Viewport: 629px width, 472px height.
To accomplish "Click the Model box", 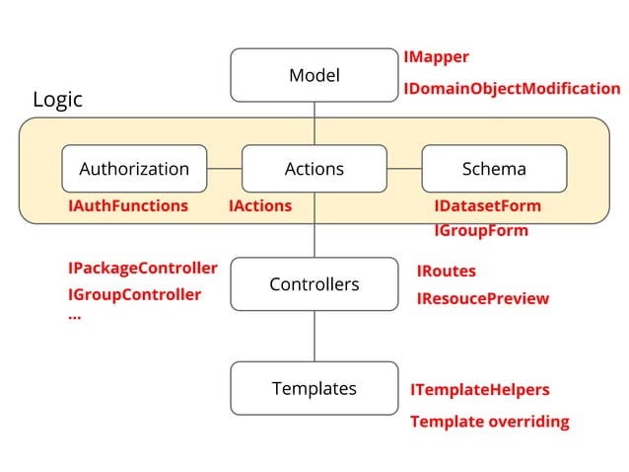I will click(x=314, y=76).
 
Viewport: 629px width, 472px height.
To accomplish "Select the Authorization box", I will click(x=134, y=169).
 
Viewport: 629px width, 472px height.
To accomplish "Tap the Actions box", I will click(x=314, y=169).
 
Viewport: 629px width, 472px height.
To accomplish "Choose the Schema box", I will click(x=494, y=169).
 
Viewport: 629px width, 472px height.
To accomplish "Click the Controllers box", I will click(x=314, y=284).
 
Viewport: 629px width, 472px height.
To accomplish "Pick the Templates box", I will click(x=314, y=388).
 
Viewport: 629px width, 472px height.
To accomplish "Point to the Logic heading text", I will click(x=57, y=100).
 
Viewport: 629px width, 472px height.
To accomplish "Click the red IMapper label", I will click(x=436, y=57).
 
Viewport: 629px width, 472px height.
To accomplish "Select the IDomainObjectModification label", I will click(x=512, y=89).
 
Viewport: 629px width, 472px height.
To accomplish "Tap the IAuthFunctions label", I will click(x=127, y=206).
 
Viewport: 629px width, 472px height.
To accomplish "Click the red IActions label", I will click(x=260, y=206).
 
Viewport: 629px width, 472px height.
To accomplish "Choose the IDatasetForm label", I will click(x=487, y=206).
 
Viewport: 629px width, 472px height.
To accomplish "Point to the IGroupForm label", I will click(x=481, y=231).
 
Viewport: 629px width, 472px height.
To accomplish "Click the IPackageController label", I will click(x=142, y=269).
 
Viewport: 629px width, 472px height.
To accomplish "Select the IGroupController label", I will click(x=134, y=294).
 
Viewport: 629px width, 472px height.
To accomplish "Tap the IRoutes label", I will click(x=446, y=271).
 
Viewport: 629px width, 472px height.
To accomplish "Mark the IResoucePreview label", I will click(x=482, y=298).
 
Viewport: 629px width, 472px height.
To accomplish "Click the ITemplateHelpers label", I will click(x=479, y=390).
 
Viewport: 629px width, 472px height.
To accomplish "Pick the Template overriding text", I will click(x=489, y=422).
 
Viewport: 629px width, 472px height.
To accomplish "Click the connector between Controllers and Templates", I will click(x=314, y=336).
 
